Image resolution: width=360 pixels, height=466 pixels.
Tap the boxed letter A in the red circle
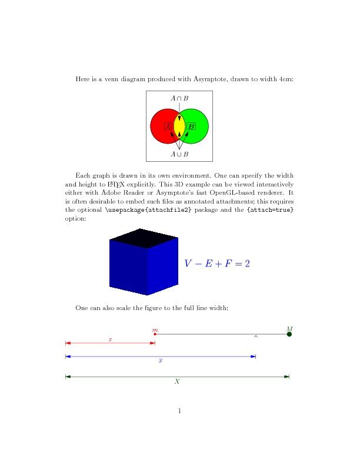pyautogui.click(x=168, y=127)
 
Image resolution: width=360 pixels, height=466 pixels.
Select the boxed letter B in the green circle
pyautogui.click(x=191, y=127)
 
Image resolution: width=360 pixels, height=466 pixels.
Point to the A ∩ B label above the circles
pyautogui.click(x=179, y=98)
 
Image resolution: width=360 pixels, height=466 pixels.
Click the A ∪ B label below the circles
pyautogui.click(x=179, y=154)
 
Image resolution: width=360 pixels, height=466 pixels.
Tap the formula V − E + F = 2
pyautogui.click(x=218, y=264)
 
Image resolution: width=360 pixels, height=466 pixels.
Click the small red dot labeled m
pyautogui.click(x=155, y=334)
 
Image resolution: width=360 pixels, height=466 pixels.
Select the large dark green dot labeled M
pyautogui.click(x=289, y=334)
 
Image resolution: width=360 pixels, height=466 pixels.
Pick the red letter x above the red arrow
pyautogui.click(x=110, y=339)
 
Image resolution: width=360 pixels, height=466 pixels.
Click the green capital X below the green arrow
pyautogui.click(x=177, y=381)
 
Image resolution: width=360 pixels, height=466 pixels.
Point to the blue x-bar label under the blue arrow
pyautogui.click(x=161, y=361)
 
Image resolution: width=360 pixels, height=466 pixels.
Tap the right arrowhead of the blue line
pyautogui.click(x=253, y=357)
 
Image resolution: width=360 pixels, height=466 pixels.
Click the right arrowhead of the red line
pyautogui.click(x=152, y=342)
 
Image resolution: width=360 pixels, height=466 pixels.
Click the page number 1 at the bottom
pyautogui.click(x=179, y=410)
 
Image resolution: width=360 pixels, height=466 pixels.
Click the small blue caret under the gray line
pyautogui.click(x=255, y=337)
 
